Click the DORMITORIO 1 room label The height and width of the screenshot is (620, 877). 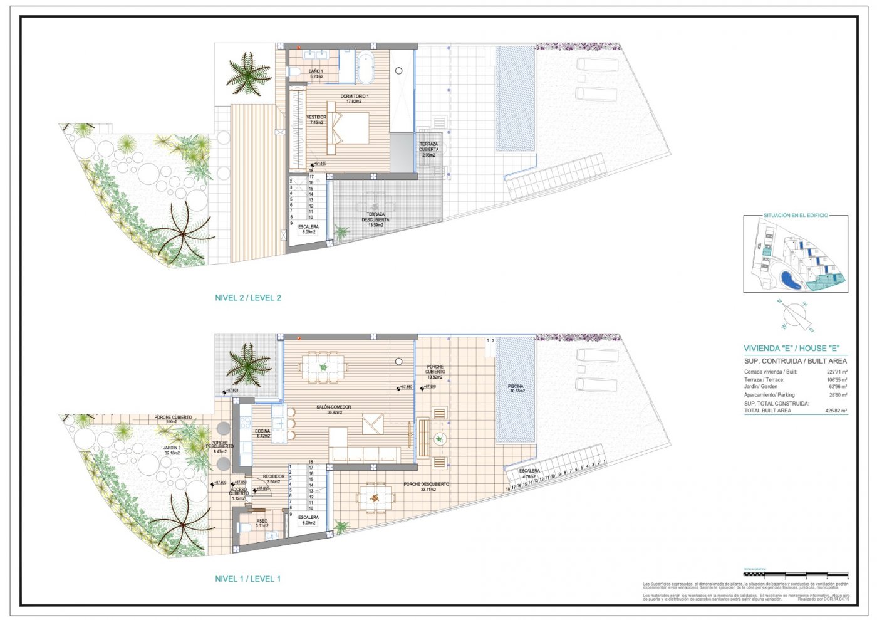click(x=355, y=98)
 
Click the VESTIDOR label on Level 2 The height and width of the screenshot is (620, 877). click(x=316, y=120)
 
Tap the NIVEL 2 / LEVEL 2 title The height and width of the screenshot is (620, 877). click(x=248, y=298)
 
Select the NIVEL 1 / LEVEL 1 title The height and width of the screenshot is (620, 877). click(x=248, y=579)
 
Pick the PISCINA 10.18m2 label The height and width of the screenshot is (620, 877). click(x=516, y=389)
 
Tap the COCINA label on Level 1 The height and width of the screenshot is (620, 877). click(x=262, y=433)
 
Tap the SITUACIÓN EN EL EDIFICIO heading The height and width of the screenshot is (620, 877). click(x=796, y=216)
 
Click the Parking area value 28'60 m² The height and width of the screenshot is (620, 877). click(x=837, y=395)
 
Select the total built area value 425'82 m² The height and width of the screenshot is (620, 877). click(x=836, y=411)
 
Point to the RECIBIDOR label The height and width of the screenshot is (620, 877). click(x=274, y=479)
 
